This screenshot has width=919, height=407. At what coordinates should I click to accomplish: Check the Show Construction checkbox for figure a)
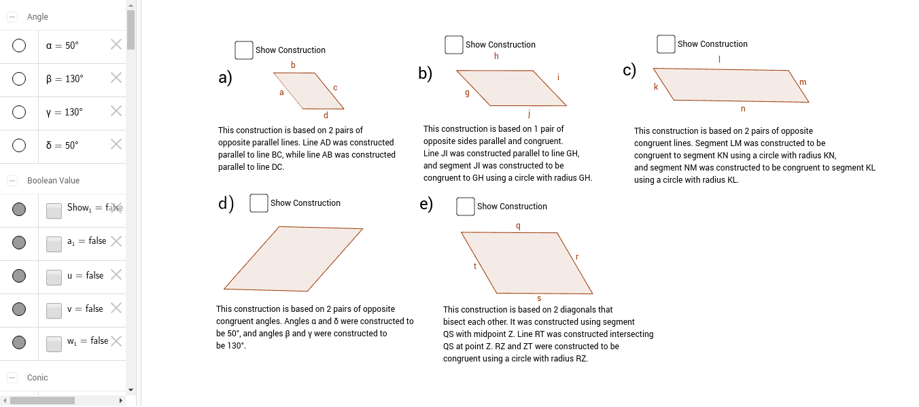[x=244, y=50]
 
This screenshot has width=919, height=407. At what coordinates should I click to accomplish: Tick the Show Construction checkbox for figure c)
[x=666, y=44]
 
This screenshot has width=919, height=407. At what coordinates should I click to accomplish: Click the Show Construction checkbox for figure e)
[x=466, y=207]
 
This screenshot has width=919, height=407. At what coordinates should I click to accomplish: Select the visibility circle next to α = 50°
[x=19, y=46]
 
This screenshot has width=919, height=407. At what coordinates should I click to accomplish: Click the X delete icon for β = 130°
[x=116, y=77]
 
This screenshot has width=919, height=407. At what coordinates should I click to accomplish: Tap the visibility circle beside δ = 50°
[x=19, y=145]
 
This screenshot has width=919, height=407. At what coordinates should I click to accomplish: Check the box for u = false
[x=54, y=277]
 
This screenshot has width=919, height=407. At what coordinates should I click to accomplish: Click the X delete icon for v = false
[x=116, y=308]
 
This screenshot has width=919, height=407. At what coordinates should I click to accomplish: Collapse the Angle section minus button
[x=12, y=17]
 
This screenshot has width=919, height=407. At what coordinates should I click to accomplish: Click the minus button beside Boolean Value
[x=12, y=181]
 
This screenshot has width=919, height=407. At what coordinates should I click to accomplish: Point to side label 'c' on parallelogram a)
[x=335, y=88]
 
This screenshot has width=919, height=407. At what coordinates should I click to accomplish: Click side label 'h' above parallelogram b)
[x=496, y=56]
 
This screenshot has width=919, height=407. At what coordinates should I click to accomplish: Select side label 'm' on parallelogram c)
[x=803, y=82]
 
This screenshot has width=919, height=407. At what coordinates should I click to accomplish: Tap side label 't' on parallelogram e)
[x=475, y=266]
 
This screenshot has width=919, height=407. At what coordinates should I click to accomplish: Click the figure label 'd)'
[x=226, y=203]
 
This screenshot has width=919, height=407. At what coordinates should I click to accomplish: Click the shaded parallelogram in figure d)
[x=292, y=258]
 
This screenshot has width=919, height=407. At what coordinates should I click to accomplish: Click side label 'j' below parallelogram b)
[x=528, y=113]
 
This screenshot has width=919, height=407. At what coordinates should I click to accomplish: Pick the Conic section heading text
[x=37, y=378]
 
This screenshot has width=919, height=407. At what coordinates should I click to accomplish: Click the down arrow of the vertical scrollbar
[x=131, y=389]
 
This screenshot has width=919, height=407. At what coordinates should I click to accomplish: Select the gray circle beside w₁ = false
[x=19, y=342]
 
